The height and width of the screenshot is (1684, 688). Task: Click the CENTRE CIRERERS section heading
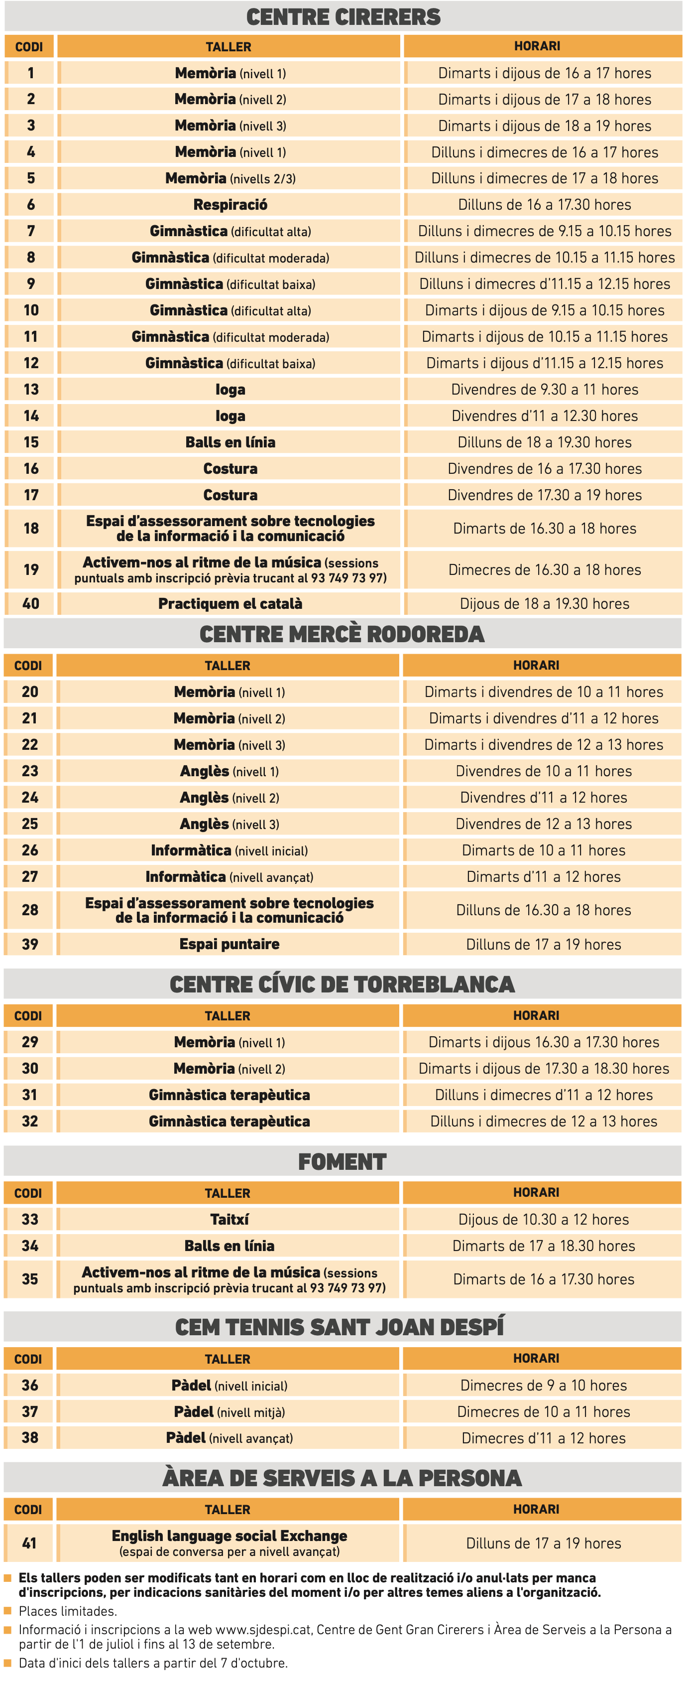pyautogui.click(x=343, y=17)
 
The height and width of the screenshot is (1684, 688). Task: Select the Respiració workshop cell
pyautogui.click(x=230, y=205)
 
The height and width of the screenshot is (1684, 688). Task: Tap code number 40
pyautogui.click(x=31, y=603)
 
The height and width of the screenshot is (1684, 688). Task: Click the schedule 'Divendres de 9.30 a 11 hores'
pyautogui.click(x=544, y=390)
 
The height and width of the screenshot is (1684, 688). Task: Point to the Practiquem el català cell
pyautogui.click(x=230, y=603)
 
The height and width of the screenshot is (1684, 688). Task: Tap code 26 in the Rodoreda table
pyautogui.click(x=30, y=850)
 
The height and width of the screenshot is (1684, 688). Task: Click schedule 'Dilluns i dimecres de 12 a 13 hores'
pyautogui.click(x=544, y=1121)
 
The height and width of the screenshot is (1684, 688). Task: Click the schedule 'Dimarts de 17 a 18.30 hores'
pyautogui.click(x=544, y=1246)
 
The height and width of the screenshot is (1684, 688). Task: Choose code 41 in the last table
pyautogui.click(x=29, y=1543)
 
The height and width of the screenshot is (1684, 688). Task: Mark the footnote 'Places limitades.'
pyautogui.click(x=68, y=1611)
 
